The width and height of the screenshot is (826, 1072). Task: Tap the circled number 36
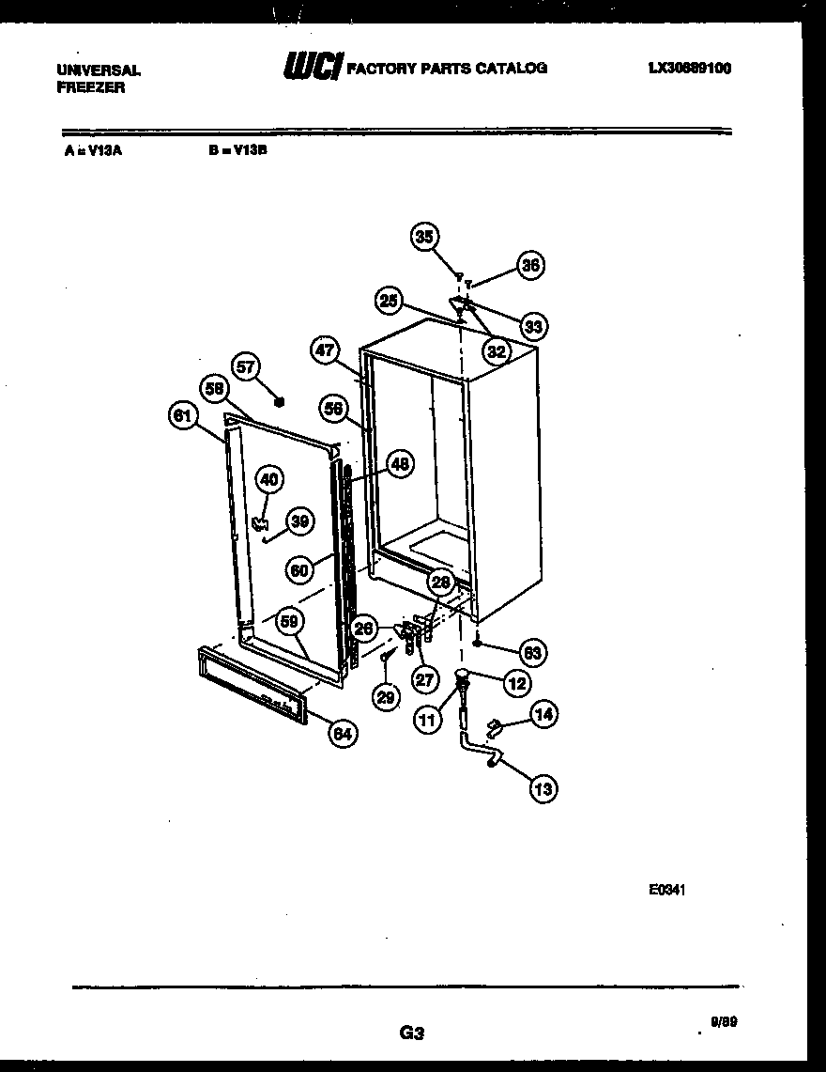tap(531, 266)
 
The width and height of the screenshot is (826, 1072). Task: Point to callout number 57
tap(247, 367)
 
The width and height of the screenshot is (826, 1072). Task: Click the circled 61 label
tap(183, 415)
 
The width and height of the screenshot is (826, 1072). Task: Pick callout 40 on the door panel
tap(268, 479)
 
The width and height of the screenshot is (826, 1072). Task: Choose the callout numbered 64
tap(343, 734)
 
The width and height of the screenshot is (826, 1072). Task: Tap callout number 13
tap(543, 789)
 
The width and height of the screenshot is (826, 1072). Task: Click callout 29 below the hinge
tap(384, 696)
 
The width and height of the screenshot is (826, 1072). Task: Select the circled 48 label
tap(401, 463)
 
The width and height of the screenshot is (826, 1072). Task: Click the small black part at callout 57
tap(278, 402)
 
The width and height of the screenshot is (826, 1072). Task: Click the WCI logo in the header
tap(312, 68)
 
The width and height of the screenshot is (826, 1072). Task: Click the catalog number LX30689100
tap(690, 68)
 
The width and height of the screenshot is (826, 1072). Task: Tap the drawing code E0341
tap(666, 890)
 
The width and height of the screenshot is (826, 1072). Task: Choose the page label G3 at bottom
tap(412, 1033)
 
